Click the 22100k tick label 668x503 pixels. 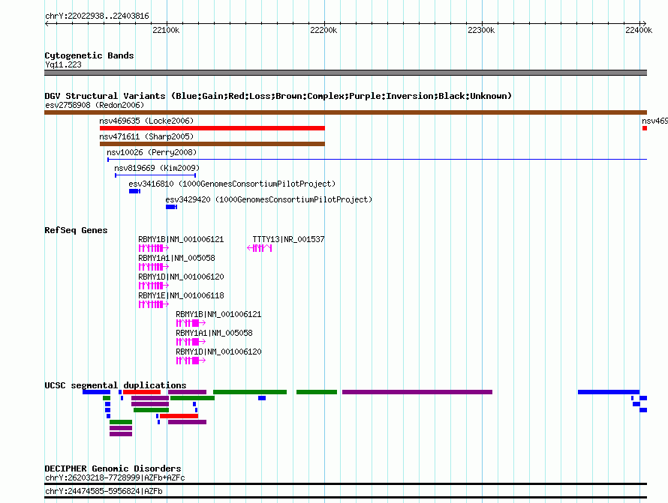[x=166, y=30]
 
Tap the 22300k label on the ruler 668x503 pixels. [x=481, y=30]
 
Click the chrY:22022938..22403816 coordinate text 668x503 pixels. [x=97, y=16]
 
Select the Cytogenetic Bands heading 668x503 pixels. [x=89, y=55]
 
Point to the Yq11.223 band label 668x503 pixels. [x=63, y=64]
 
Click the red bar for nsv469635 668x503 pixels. [x=212, y=128]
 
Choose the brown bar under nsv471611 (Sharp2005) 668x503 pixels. [x=212, y=144]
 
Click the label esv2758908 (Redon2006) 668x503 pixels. [x=95, y=105]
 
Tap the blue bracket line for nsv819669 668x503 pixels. [x=155, y=175]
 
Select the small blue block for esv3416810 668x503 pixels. [x=134, y=191]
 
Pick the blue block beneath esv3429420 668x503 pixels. [x=171, y=207]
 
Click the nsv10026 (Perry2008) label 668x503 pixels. [x=152, y=152]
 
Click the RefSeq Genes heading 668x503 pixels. [x=76, y=230]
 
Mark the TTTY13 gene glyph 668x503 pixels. [x=260, y=248]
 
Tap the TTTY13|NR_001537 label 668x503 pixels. [x=288, y=240]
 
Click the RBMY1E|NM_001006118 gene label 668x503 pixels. [x=181, y=296]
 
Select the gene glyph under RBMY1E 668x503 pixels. [x=154, y=304]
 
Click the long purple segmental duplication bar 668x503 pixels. [x=417, y=392]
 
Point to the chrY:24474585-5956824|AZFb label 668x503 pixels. [x=104, y=491]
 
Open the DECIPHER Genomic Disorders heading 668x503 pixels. [x=113, y=469]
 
